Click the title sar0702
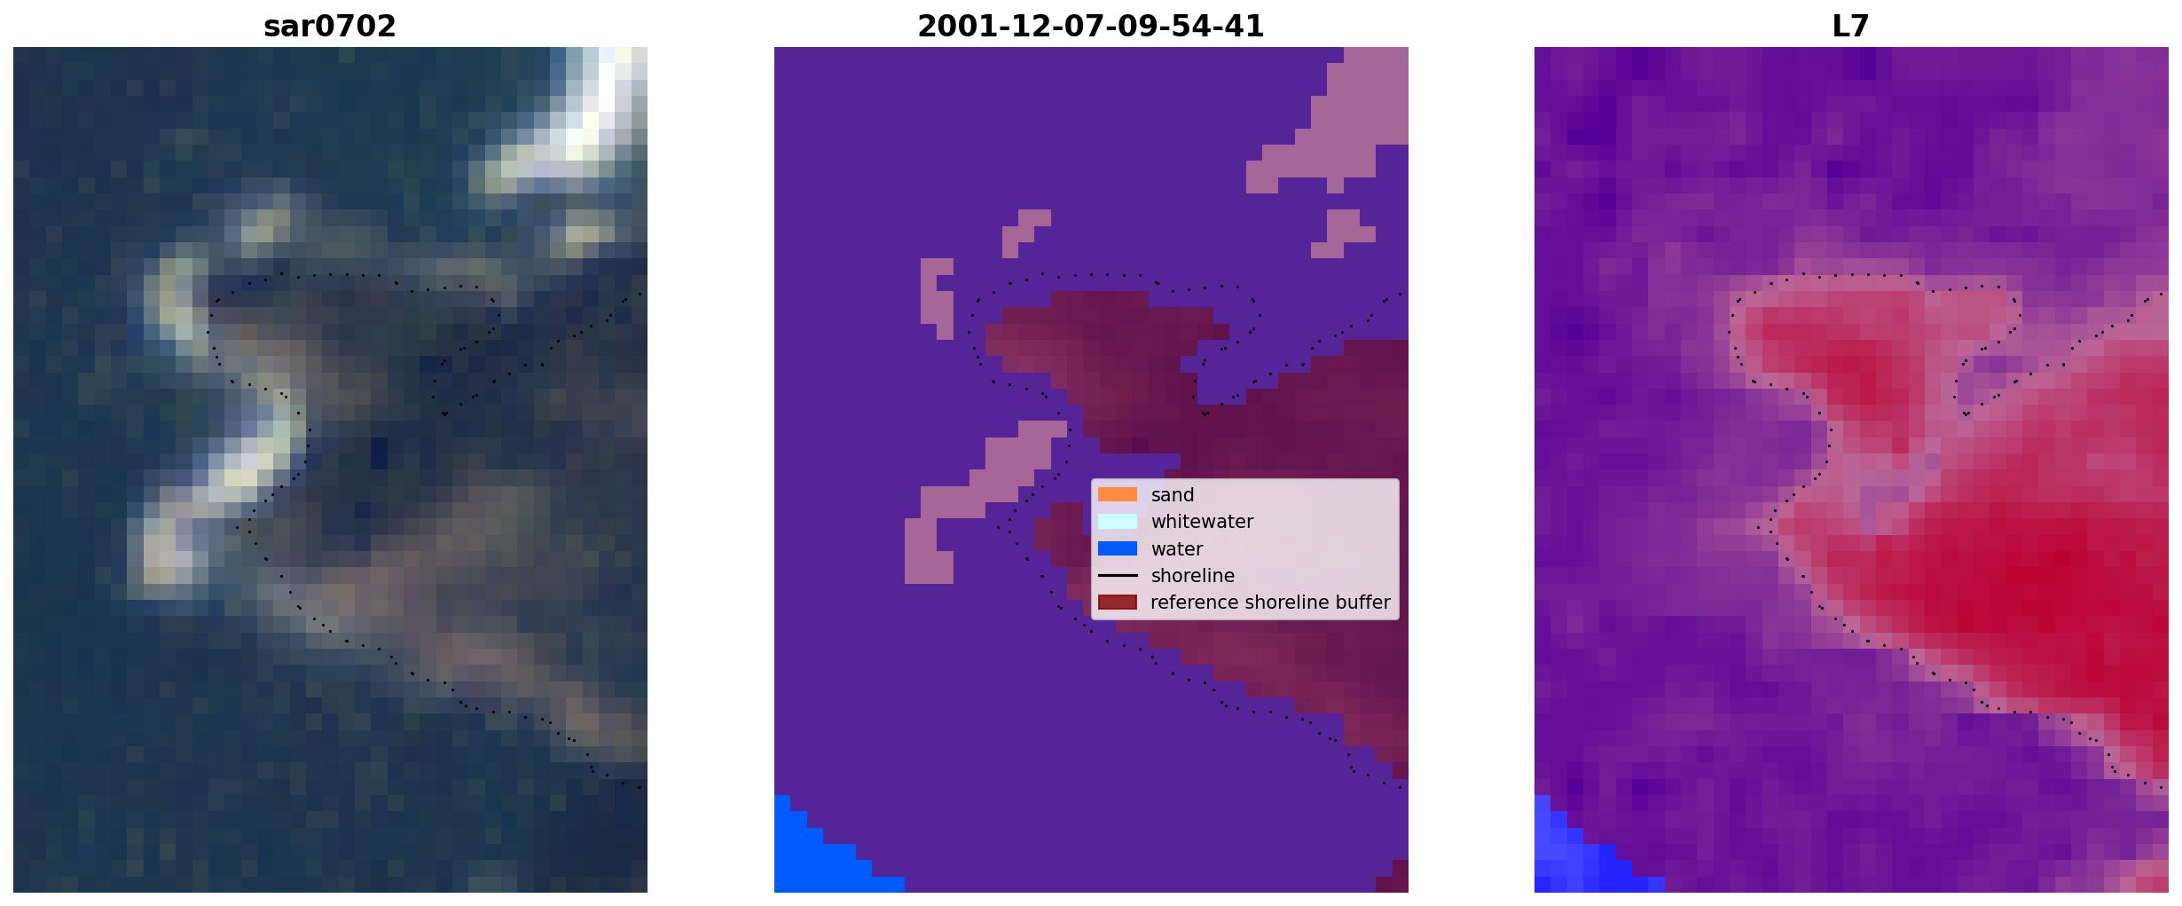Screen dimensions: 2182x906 coord(329,27)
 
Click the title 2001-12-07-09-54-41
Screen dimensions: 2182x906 coord(1090,27)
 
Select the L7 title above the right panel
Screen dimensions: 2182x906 coord(1850,27)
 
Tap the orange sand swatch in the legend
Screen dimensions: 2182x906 coord(1117,494)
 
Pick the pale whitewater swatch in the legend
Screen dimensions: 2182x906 coord(1117,521)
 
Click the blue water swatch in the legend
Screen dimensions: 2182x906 coord(1117,548)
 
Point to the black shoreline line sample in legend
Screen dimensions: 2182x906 coord(1117,575)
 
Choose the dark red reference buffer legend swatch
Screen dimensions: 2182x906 coord(1117,603)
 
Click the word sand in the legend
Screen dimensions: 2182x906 coord(1173,495)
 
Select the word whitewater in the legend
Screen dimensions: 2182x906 coord(1202,522)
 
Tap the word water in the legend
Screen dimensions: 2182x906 coord(1177,549)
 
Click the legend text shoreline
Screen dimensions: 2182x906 coord(1193,576)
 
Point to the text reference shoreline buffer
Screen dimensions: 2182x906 coord(1270,603)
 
